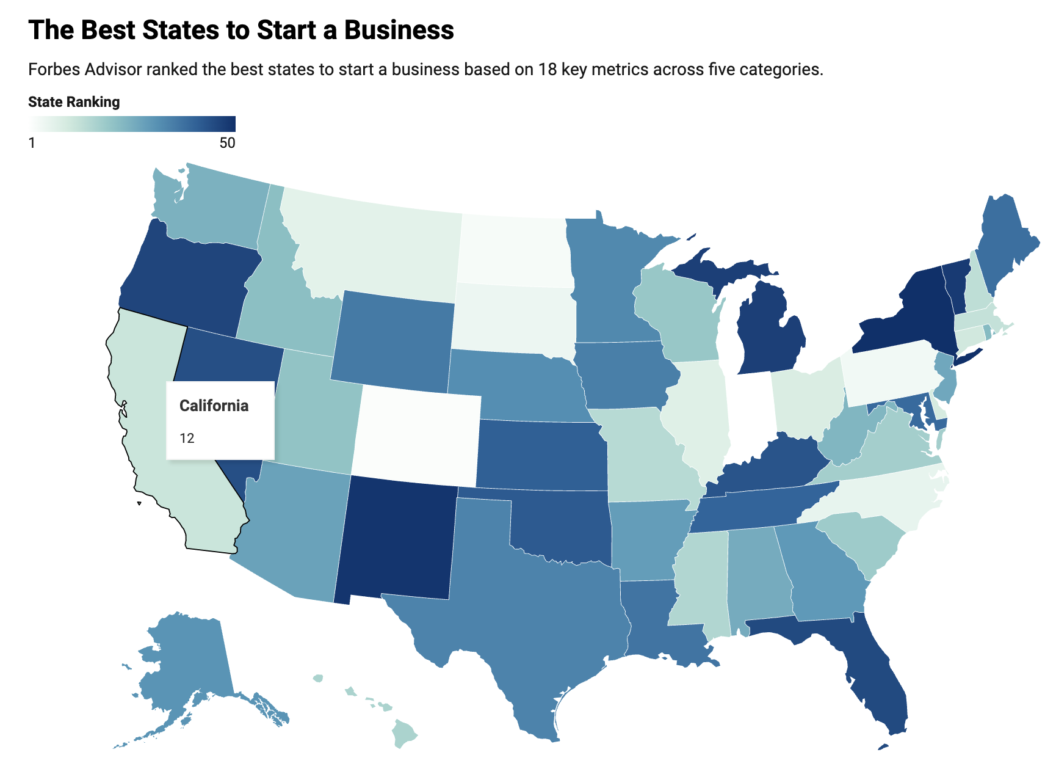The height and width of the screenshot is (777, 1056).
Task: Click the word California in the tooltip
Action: pyautogui.click(x=214, y=406)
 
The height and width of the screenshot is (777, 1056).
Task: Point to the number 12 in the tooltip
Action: pyautogui.click(x=187, y=438)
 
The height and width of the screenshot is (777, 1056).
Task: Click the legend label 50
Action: pyautogui.click(x=227, y=143)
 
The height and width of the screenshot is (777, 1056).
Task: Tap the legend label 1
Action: pyautogui.click(x=32, y=143)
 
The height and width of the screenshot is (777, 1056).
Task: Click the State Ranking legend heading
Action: pyautogui.click(x=74, y=102)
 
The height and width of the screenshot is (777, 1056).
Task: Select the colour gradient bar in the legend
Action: pyautogui.click(x=132, y=124)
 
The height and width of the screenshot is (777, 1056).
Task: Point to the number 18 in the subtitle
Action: pyautogui.click(x=546, y=69)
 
